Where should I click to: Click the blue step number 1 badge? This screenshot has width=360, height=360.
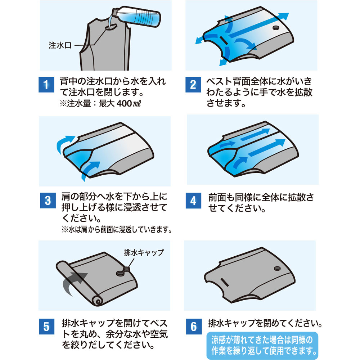click(x=46, y=85)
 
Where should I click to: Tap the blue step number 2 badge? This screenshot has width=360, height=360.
click(x=193, y=85)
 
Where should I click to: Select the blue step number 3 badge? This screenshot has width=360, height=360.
click(x=48, y=201)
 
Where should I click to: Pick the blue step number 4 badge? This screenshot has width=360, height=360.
click(x=194, y=201)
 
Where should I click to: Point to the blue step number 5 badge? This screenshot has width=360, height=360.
click(x=46, y=327)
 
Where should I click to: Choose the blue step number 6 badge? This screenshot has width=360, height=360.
click(x=194, y=327)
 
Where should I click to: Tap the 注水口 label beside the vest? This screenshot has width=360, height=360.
click(x=60, y=45)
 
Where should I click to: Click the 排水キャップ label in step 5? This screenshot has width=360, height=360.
click(x=144, y=253)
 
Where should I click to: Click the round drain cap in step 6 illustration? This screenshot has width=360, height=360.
click(x=277, y=269)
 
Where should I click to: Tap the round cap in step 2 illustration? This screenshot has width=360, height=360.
click(x=276, y=28)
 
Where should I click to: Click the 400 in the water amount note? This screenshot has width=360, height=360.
click(x=124, y=103)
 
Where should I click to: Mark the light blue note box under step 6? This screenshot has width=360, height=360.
click(x=262, y=346)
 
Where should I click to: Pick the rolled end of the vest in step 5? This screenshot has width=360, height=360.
click(x=98, y=301)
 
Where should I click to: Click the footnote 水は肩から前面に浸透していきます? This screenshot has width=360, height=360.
click(x=117, y=229)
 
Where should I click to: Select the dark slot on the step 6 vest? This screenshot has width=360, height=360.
click(x=224, y=282)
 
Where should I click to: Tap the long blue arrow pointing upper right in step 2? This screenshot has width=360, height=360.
click(x=258, y=26)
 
